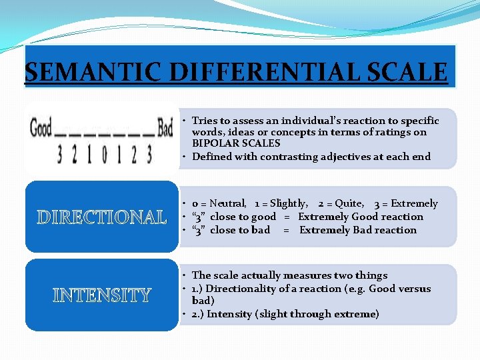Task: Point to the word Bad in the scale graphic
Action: coord(165,127)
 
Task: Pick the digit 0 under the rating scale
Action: coord(103,155)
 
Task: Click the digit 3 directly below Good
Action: coord(61,155)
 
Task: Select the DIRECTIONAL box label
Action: coord(102,217)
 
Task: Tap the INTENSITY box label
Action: coord(102,295)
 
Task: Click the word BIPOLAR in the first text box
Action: coord(213,143)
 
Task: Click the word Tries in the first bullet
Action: coord(204,121)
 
